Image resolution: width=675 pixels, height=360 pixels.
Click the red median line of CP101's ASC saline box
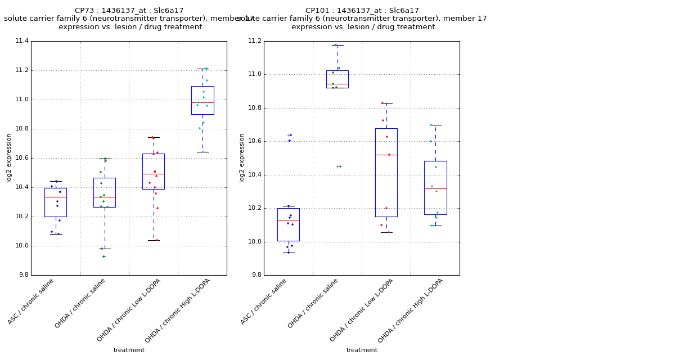[x=289, y=220]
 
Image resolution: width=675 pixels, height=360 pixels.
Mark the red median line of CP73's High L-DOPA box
[x=202, y=102]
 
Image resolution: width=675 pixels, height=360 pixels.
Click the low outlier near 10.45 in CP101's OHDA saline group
[x=338, y=166]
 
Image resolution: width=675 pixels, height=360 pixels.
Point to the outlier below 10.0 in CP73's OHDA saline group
[x=104, y=256]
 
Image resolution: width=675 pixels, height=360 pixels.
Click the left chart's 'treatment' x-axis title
[x=129, y=350]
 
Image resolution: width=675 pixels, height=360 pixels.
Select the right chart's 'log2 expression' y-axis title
[x=242, y=157]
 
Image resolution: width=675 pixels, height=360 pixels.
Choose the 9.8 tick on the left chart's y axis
[x=22, y=275]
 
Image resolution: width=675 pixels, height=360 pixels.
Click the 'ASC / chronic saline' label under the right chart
[x=264, y=301]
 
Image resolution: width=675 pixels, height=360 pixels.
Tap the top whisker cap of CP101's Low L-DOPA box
[x=386, y=103]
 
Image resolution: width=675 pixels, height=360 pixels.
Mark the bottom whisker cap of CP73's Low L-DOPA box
[x=154, y=240]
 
